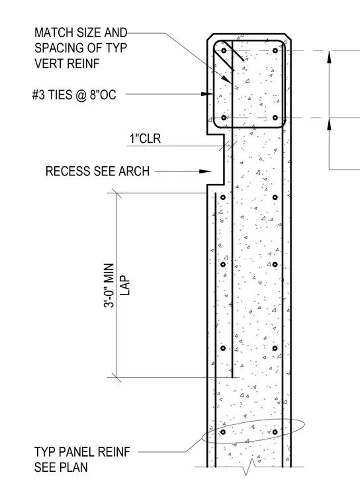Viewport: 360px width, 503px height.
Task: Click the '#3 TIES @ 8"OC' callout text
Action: tap(74, 95)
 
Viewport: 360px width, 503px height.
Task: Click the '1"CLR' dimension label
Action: tap(145, 138)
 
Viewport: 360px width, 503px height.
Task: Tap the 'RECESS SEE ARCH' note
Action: tap(97, 171)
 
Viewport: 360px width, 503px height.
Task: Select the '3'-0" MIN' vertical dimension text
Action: tap(109, 285)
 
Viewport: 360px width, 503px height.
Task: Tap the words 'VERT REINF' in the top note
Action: tap(67, 64)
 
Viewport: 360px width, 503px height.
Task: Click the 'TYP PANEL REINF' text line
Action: tap(83, 452)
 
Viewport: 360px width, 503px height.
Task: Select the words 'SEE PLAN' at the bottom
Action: tap(61, 467)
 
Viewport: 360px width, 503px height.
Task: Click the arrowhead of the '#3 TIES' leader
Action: tap(207, 94)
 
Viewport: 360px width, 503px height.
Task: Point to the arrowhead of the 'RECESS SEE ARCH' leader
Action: tap(205, 171)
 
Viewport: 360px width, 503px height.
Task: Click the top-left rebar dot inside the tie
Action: tap(224, 51)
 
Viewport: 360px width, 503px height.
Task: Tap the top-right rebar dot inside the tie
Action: tap(275, 51)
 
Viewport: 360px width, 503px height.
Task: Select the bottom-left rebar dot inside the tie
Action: tap(224, 118)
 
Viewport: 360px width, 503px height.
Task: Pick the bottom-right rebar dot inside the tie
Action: tap(275, 118)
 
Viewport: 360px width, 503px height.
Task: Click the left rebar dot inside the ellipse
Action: tap(223, 432)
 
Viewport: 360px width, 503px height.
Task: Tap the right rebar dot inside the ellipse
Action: tap(275, 432)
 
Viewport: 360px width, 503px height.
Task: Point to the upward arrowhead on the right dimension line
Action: tap(329, 57)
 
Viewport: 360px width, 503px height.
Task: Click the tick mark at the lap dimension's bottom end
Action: tap(116, 377)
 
